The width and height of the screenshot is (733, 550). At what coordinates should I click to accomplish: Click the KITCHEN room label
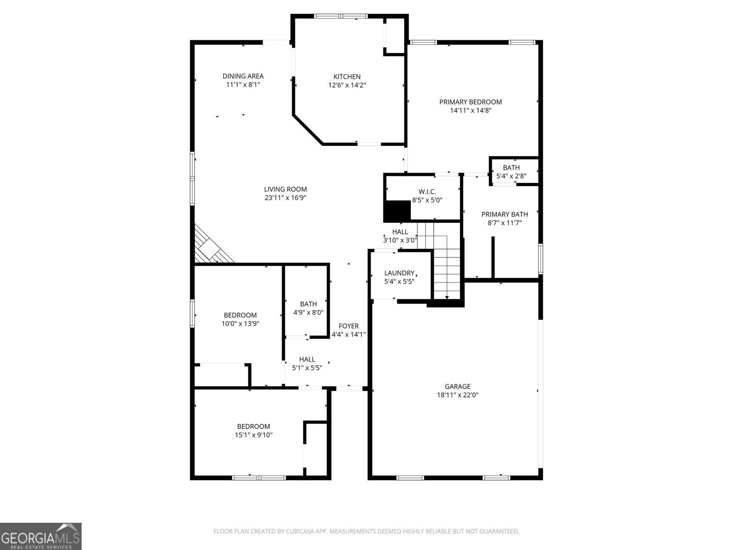347,77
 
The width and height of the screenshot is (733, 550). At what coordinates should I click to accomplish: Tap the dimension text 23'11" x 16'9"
285,198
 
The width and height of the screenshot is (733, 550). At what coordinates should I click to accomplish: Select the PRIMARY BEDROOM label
470,102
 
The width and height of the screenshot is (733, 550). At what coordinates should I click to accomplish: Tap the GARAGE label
457,386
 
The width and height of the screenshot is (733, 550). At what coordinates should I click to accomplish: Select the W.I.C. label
427,192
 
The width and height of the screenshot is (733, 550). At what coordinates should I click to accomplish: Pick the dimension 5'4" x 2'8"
511,176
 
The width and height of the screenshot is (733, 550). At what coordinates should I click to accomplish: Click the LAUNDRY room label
399,273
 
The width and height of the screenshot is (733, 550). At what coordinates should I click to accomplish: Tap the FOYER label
349,326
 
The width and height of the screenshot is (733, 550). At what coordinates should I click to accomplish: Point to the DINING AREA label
243,76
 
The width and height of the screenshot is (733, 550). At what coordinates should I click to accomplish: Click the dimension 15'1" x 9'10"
253,435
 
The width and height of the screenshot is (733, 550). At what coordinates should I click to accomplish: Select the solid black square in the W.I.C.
397,211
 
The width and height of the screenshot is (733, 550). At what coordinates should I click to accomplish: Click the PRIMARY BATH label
504,214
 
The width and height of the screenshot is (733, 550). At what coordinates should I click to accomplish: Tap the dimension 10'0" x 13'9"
240,324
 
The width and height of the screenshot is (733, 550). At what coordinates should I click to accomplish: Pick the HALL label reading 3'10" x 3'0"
400,232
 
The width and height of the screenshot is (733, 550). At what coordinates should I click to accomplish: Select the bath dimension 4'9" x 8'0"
308,313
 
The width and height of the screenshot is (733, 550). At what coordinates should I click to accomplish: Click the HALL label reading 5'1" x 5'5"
307,359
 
